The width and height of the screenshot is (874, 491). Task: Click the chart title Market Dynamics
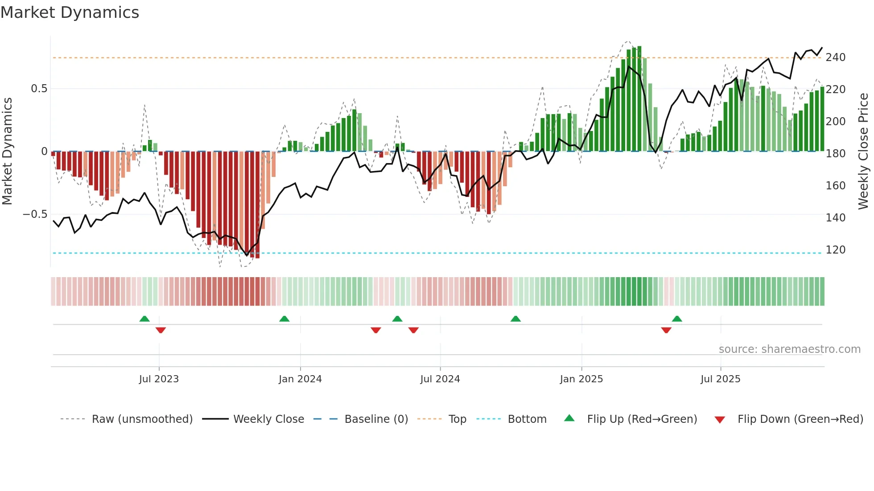[70, 12]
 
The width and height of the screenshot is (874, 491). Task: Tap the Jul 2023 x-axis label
[159, 379]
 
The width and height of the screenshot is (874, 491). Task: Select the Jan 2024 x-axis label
[300, 379]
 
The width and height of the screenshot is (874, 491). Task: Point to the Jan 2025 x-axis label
[581, 379]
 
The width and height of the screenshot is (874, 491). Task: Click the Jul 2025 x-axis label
[720, 379]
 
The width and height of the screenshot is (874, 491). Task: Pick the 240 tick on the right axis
[835, 57]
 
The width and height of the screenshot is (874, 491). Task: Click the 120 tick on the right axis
[835, 250]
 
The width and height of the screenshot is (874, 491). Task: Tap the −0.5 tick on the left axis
[35, 214]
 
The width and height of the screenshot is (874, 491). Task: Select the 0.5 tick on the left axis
[39, 89]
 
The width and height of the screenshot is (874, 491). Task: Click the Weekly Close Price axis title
[863, 151]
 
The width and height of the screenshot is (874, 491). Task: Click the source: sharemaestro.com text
[789, 349]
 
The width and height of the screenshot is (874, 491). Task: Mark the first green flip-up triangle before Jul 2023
[144, 319]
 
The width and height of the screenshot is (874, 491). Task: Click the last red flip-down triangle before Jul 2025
[666, 330]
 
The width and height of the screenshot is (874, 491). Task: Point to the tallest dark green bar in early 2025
[639, 98]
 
